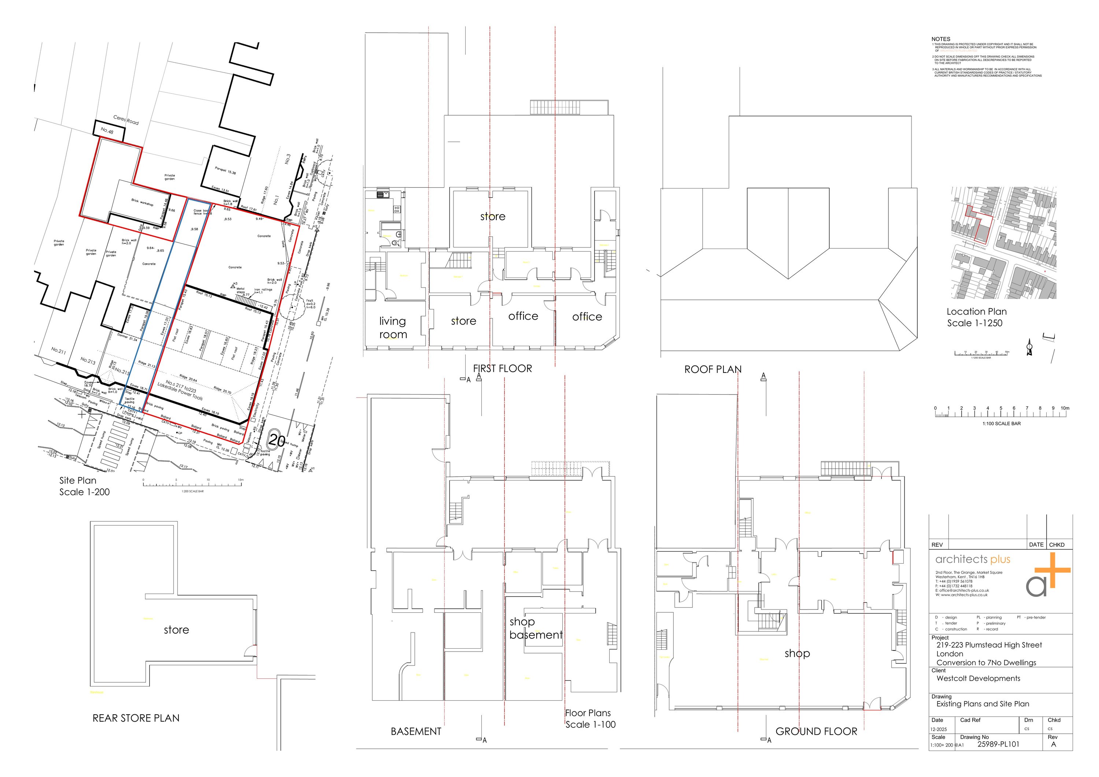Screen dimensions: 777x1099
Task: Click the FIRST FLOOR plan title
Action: (x=502, y=369)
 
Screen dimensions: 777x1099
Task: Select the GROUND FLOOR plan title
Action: (x=816, y=732)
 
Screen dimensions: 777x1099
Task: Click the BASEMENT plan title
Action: (x=415, y=732)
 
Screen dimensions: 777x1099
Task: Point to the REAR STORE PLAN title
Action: (x=136, y=718)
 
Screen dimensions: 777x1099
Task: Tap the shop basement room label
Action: (x=535, y=628)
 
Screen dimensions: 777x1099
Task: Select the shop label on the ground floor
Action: (x=797, y=653)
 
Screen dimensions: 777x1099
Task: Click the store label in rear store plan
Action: (x=176, y=630)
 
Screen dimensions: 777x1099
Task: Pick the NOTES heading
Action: (x=941, y=39)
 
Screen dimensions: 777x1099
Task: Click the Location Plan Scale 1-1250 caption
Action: (x=977, y=317)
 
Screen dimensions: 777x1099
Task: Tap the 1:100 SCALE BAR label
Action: (x=1001, y=424)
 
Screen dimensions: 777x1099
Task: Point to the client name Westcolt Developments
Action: (x=978, y=678)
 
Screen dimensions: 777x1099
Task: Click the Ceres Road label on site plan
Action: (x=126, y=120)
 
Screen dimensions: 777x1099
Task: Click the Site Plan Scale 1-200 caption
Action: (x=84, y=486)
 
